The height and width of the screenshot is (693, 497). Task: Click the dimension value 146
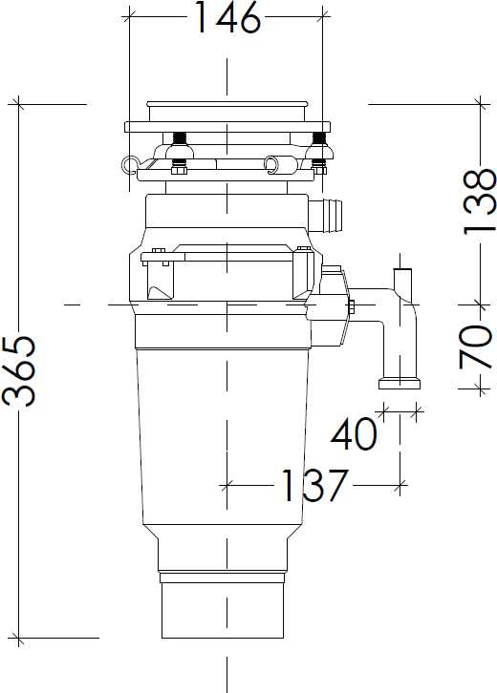pyautogui.click(x=227, y=18)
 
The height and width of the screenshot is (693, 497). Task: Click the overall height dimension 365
pyautogui.click(x=19, y=370)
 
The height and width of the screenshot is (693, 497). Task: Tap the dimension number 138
pyautogui.click(x=479, y=201)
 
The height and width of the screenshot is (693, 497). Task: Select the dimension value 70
pyautogui.click(x=475, y=346)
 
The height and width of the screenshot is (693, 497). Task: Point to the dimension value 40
pyautogui.click(x=354, y=434)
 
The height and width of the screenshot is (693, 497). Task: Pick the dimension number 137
pyautogui.click(x=314, y=486)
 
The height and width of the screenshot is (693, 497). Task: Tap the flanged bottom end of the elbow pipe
pyautogui.click(x=400, y=384)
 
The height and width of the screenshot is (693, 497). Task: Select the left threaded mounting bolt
pyautogui.click(x=180, y=139)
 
